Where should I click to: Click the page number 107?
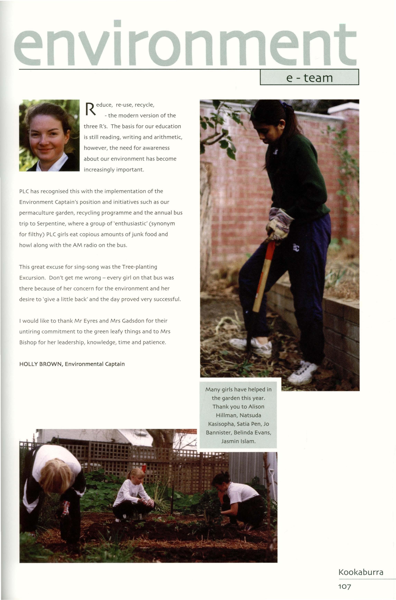point(344,587)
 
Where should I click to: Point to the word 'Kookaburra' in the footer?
point(361,572)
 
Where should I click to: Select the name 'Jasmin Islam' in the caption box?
point(238,441)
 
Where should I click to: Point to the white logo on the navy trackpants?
point(296,248)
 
